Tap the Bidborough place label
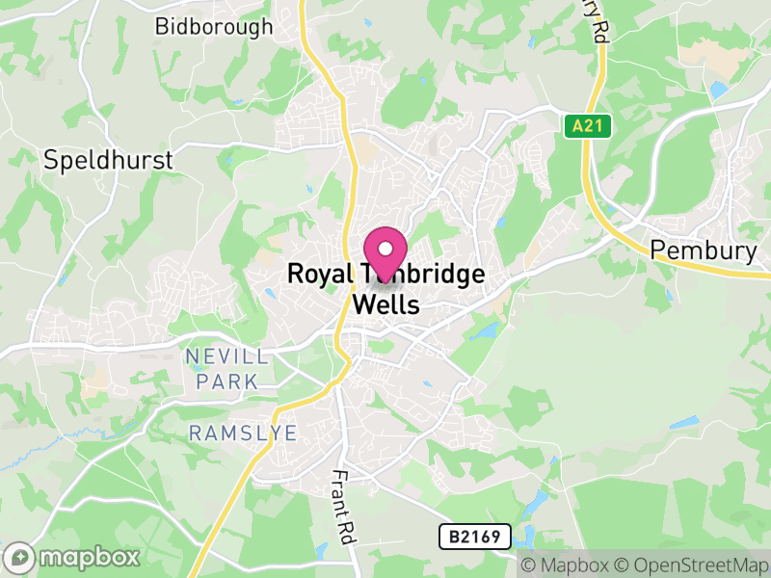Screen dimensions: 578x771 [214, 26]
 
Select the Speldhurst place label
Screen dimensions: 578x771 [109, 159]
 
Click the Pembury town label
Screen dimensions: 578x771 [703, 250]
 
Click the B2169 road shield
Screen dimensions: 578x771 [474, 537]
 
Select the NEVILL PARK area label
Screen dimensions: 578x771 [227, 369]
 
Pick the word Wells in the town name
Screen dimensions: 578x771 [387, 305]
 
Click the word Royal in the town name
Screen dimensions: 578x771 [320, 275]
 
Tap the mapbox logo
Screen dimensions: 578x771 [73, 557]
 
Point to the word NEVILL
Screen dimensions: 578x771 [227, 357]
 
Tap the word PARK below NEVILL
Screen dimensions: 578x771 [227, 381]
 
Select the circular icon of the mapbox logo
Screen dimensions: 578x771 [20, 557]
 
